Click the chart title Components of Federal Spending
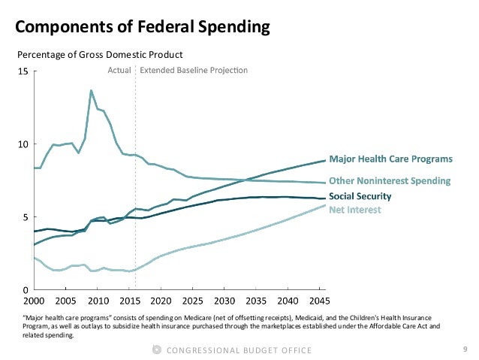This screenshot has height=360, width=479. (x=143, y=29)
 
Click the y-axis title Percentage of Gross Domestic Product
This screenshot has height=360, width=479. (x=100, y=55)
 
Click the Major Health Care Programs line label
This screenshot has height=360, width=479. (x=391, y=159)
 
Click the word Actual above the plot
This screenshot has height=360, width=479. (x=120, y=71)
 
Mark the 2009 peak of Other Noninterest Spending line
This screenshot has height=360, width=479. (x=91, y=91)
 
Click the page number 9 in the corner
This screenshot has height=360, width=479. (x=465, y=349)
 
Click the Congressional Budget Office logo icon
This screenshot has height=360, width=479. (x=156, y=349)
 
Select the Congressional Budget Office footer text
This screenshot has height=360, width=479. (x=239, y=349)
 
